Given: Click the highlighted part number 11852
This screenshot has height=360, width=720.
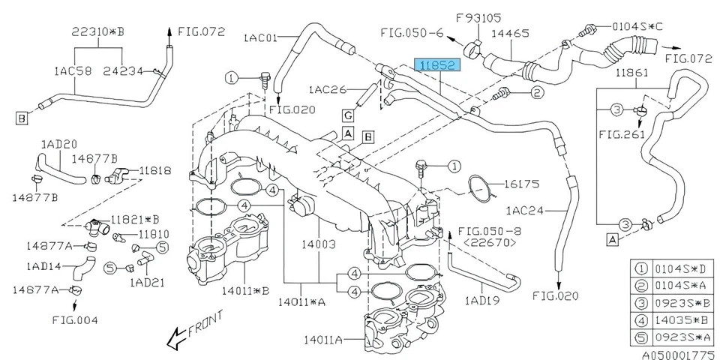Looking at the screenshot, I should click(439, 66).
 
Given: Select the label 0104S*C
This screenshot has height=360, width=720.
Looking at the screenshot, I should click(622, 28).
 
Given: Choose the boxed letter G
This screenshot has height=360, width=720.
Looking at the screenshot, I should click(348, 115).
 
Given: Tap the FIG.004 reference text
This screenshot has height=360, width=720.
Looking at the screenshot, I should click(75, 319).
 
